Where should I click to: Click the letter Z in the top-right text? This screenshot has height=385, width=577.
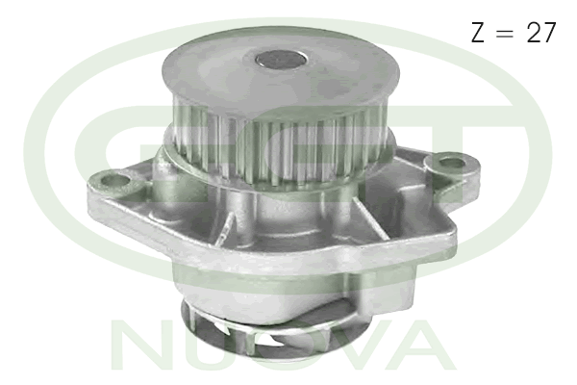pos(478,32)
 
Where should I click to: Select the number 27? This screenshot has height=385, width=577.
pos(540,32)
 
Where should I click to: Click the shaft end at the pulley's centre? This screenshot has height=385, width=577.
pos(281,60)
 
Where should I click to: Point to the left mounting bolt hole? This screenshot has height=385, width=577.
pos(114,181)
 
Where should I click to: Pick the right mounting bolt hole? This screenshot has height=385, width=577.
pos(451,163)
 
